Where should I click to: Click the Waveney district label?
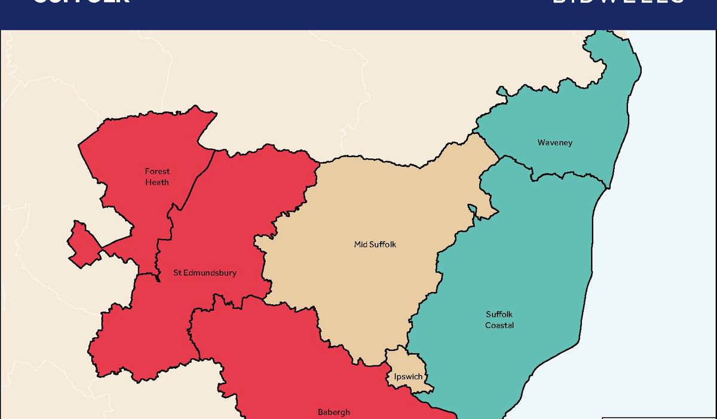(x=554, y=142)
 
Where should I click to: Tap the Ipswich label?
(x=409, y=377)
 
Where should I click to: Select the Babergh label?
(x=333, y=412)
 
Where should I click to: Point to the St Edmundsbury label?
(x=205, y=273)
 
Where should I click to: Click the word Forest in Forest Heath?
(x=157, y=172)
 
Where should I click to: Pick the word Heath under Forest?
(x=157, y=182)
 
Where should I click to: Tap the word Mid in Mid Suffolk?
(x=361, y=244)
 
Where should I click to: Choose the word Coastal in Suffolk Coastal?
(x=500, y=325)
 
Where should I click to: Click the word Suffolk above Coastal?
(x=500, y=314)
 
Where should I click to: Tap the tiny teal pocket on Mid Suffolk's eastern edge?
(x=472, y=209)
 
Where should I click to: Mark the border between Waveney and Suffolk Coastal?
(x=568, y=176)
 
